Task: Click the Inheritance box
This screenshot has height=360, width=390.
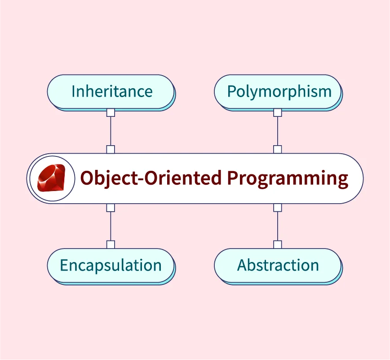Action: [x=111, y=92]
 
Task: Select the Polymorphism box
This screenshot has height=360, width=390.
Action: [x=278, y=92]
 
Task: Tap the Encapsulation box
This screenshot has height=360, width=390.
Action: [x=111, y=266]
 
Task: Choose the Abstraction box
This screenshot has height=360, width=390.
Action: [x=278, y=266]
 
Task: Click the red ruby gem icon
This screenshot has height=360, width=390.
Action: [x=51, y=178]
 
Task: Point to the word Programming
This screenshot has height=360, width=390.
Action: [x=288, y=178]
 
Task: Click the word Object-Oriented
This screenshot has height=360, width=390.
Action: [x=151, y=178]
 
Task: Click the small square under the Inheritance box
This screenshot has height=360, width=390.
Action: [x=111, y=112]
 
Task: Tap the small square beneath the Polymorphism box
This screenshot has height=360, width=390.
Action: [x=278, y=112]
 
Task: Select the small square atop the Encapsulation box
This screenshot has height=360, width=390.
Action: [x=111, y=244]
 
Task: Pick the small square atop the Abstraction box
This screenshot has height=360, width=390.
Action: [x=278, y=244]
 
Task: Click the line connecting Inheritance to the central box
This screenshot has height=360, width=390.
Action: [x=111, y=131]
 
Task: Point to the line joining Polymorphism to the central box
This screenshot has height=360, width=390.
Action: [x=278, y=131]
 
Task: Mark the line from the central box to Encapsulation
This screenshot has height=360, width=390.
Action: [x=111, y=226]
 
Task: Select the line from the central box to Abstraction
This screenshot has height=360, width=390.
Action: [x=278, y=226]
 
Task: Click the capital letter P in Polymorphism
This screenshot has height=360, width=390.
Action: [x=231, y=91]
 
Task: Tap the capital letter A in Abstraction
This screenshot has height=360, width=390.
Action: [x=243, y=265]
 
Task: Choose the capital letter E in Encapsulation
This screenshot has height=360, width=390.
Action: [x=64, y=265]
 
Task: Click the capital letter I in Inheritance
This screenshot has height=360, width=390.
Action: [x=73, y=91]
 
